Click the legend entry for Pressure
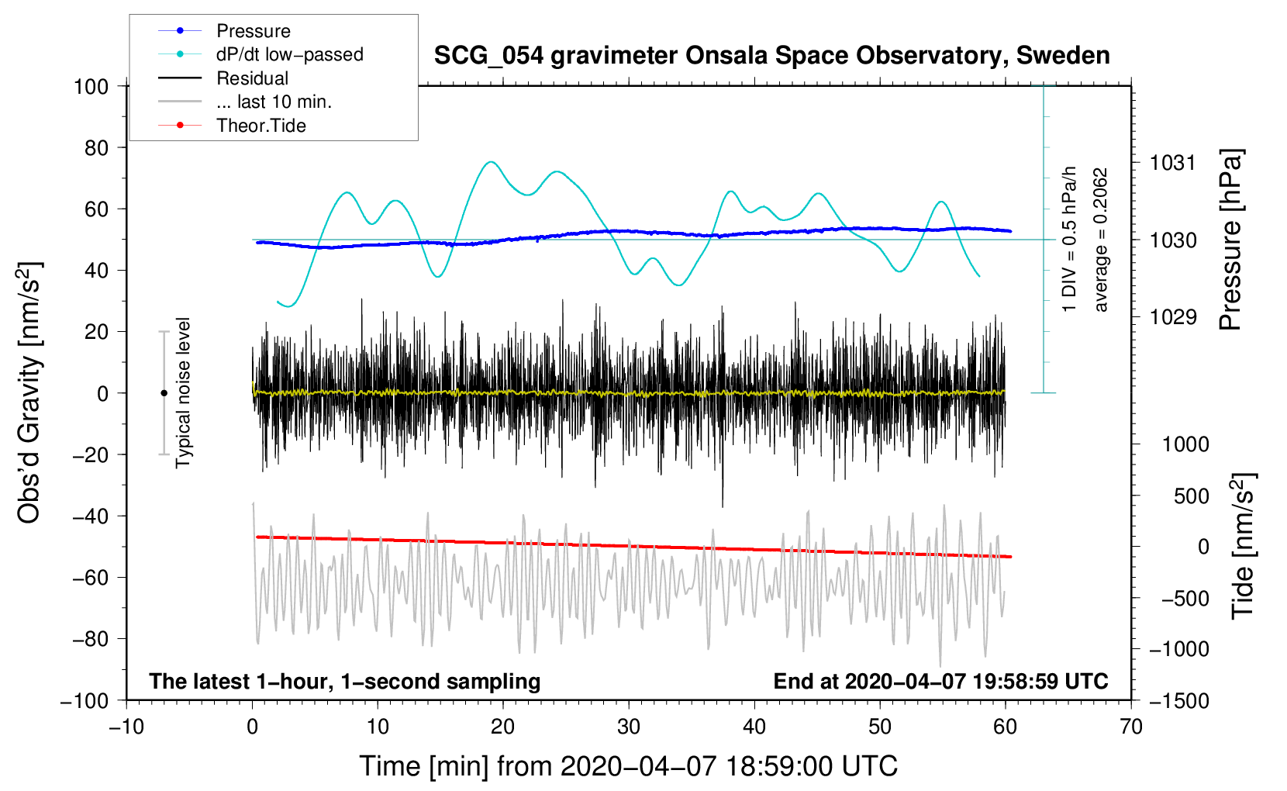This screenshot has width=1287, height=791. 253,31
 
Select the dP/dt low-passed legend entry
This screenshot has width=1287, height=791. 289,54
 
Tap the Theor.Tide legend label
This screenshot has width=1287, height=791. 261,126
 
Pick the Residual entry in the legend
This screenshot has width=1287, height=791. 252,78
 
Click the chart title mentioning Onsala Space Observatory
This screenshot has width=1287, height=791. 771,56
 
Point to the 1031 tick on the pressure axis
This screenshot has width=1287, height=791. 1173,163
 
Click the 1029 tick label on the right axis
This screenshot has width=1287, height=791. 1173,316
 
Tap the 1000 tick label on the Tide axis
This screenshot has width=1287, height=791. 1185,444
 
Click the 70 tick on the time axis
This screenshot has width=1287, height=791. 1131,727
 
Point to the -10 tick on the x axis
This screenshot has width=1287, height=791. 126,727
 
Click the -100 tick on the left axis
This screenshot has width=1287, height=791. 85,700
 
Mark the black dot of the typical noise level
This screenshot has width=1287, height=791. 164,393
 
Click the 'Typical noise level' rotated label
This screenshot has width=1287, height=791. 183,392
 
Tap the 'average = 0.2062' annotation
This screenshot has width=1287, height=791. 1101,240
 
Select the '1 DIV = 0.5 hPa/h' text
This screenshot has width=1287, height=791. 1070,239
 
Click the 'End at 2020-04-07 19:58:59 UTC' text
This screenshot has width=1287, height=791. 940,681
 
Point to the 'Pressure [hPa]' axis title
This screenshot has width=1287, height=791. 1230,240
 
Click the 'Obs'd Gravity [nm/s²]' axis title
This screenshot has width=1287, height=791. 29,392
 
